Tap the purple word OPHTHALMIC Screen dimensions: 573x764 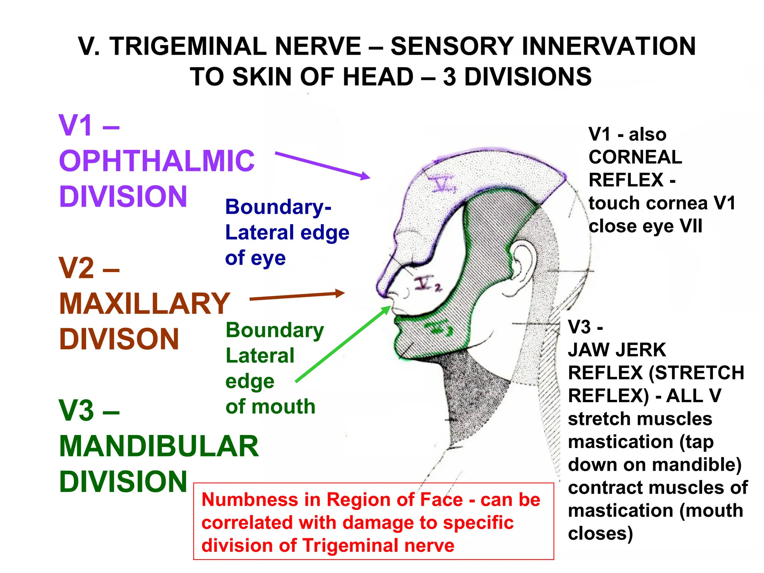pyautogui.click(x=157, y=161)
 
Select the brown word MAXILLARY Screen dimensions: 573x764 pyautogui.click(x=145, y=303)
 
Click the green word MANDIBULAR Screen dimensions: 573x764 pyautogui.click(x=159, y=446)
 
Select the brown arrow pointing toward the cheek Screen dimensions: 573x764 pyautogui.click(x=297, y=296)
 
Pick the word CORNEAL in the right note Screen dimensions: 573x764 pyautogui.click(x=635, y=157)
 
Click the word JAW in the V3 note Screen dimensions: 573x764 pyautogui.click(x=589, y=350)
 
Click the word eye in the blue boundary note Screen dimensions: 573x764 pyautogui.click(x=268, y=259)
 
